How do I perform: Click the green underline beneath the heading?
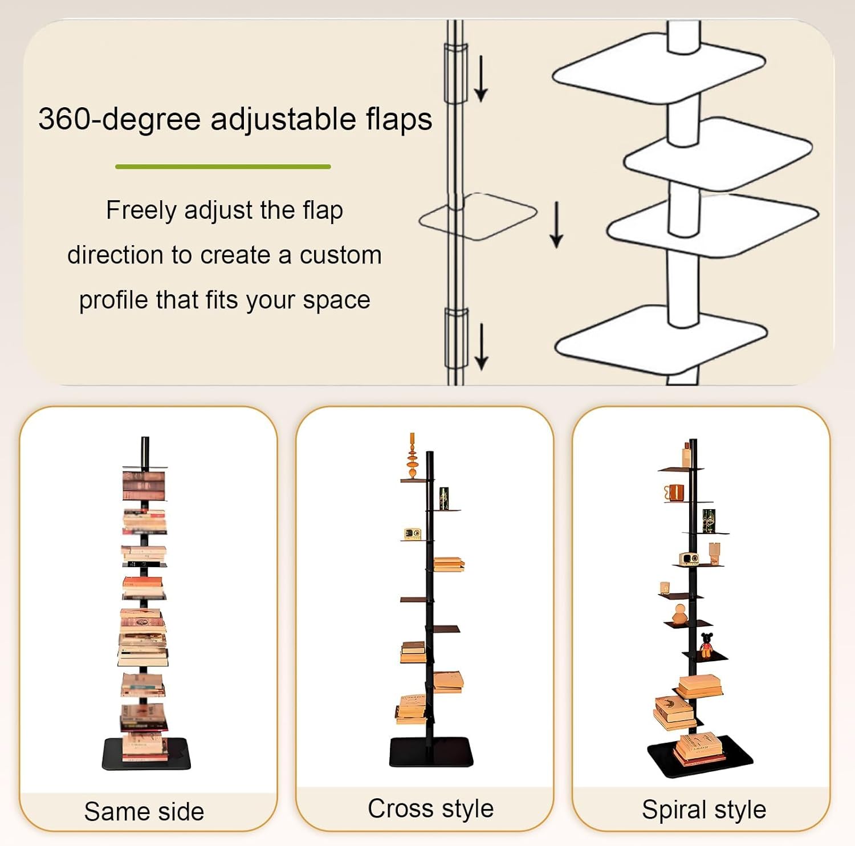tap(223, 166)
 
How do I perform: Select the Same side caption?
tap(144, 811)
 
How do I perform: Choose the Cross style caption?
tap(430, 808)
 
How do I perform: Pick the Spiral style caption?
tap(703, 810)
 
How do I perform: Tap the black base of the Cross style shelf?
tap(431, 753)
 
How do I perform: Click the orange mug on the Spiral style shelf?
tap(674, 493)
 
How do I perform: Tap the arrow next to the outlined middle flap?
tap(556, 225)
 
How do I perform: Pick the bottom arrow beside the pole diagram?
tap(481, 346)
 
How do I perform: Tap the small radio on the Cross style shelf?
tap(412, 534)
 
